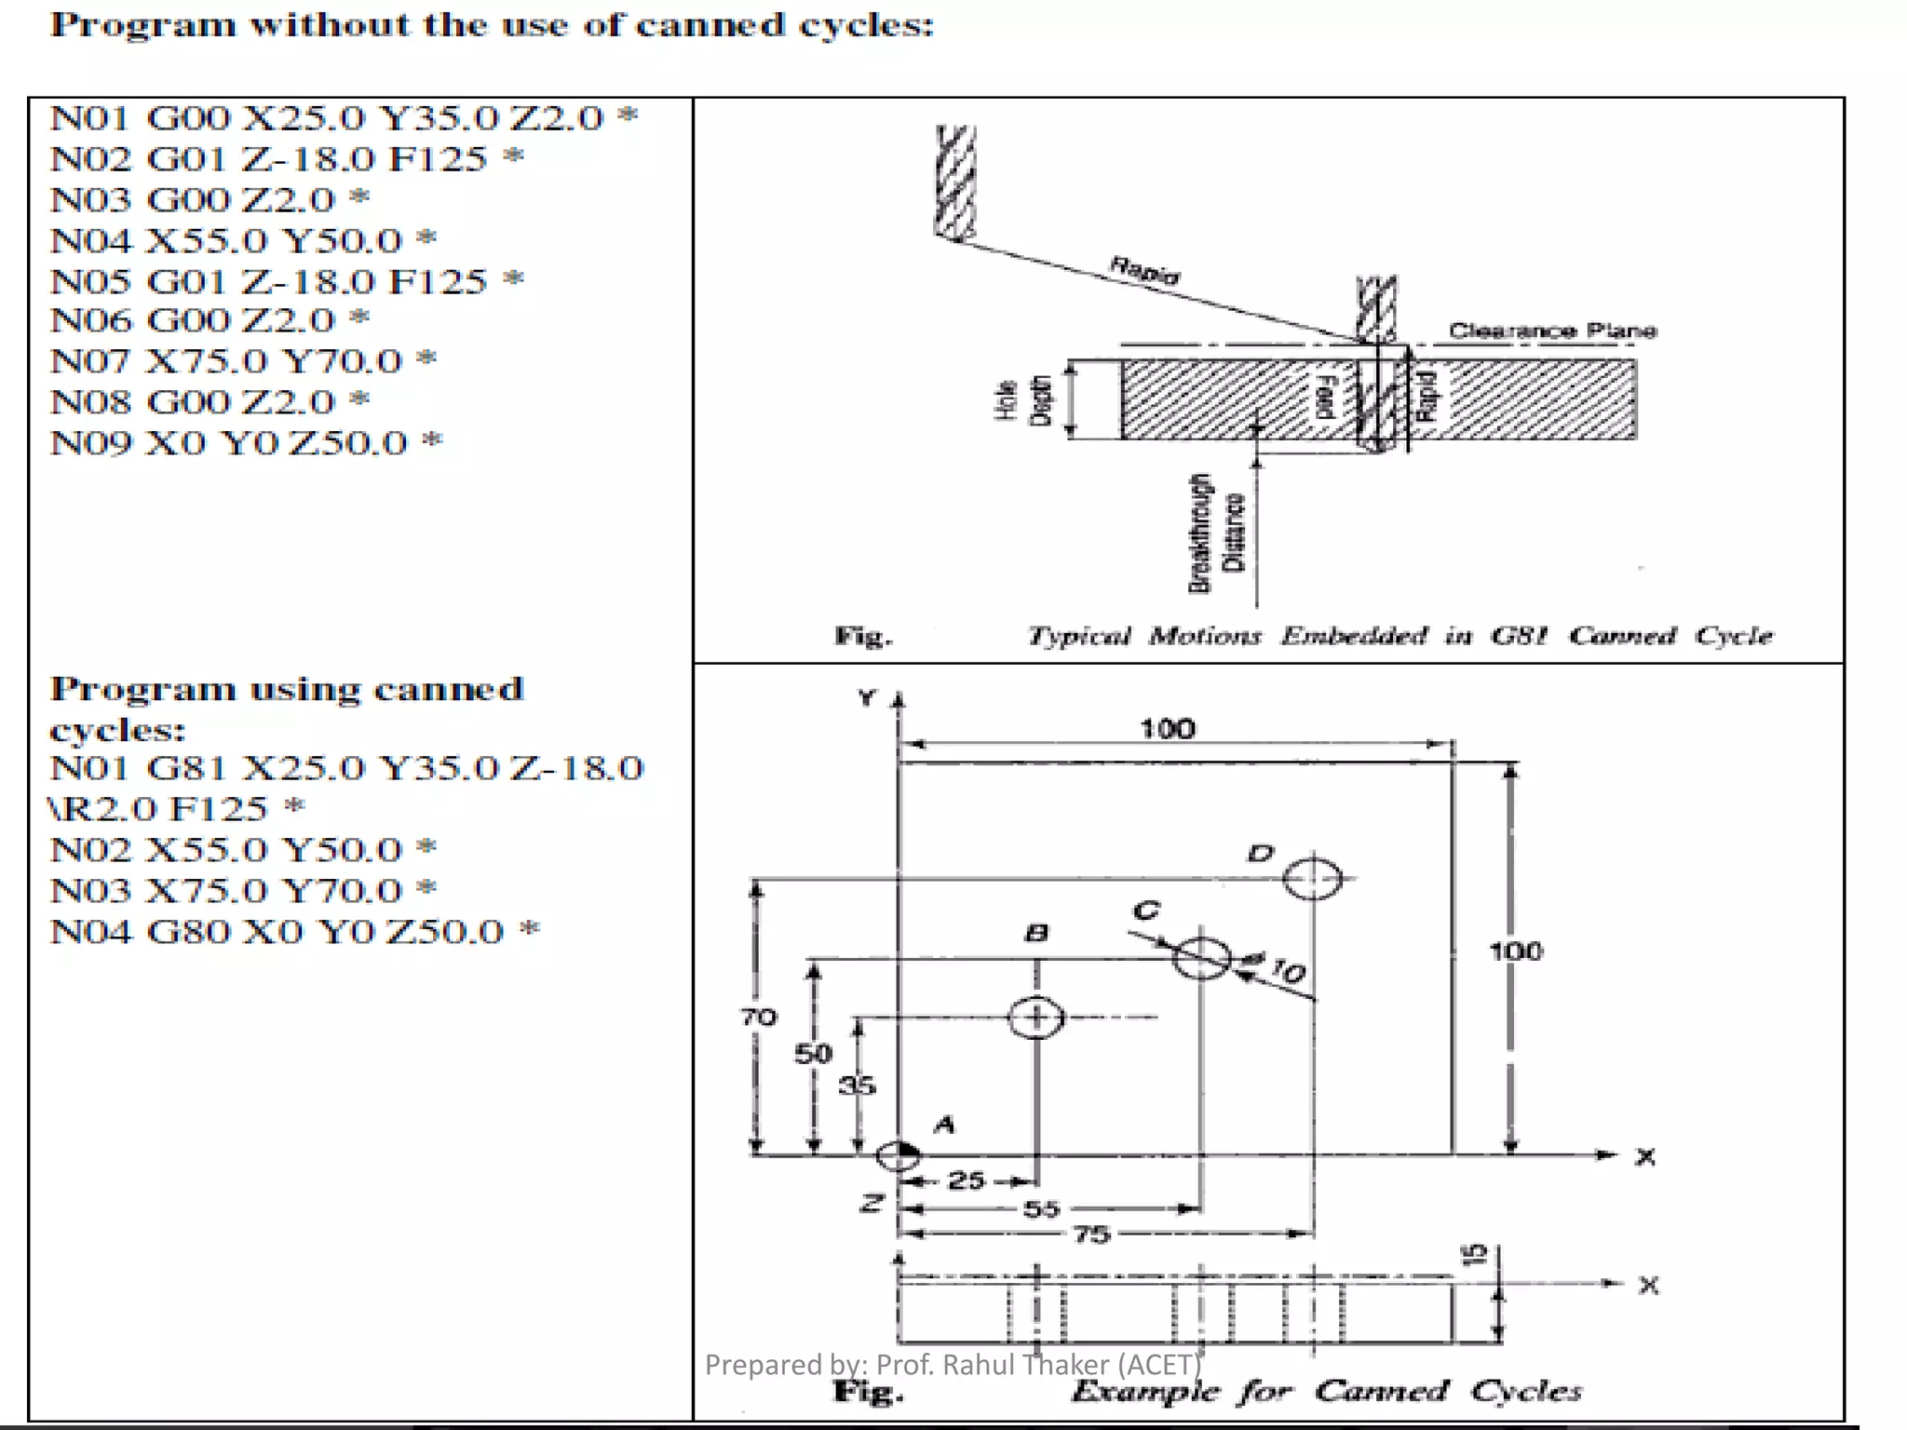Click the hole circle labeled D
1312,879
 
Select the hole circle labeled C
1201,958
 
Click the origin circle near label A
898,1155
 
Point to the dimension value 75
1091,1234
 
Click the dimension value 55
1041,1208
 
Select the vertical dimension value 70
758,1017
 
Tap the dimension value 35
857,1085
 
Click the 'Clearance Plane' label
1551,331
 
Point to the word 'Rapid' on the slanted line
1144,270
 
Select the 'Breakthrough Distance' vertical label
1215,533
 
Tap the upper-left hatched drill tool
955,182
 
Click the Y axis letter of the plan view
867,697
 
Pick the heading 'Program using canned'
287,689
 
